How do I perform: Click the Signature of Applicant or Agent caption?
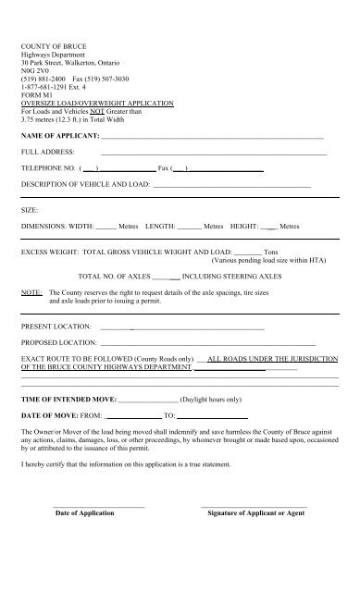[x=256, y=512]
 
